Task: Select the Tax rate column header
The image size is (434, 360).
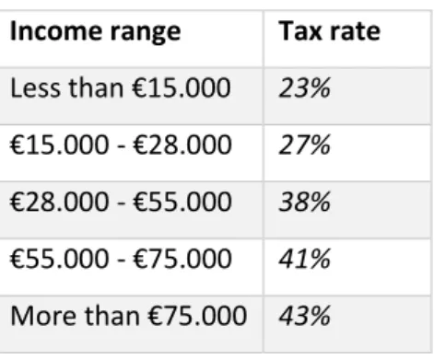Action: pyautogui.click(x=330, y=31)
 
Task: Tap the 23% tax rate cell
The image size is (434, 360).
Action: pyautogui.click(x=304, y=88)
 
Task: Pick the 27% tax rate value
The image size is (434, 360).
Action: pyautogui.click(x=304, y=145)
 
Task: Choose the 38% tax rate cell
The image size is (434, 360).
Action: pyautogui.click(x=304, y=202)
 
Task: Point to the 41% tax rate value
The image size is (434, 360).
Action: pyautogui.click(x=304, y=259)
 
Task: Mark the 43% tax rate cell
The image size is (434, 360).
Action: pyautogui.click(x=304, y=316)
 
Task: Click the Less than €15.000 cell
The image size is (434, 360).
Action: pyautogui.click(x=121, y=88)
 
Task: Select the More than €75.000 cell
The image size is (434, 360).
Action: pyautogui.click(x=128, y=316)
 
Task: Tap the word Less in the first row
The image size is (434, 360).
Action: pyautogui.click(x=35, y=88)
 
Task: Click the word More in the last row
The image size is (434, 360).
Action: pyautogui.click(x=43, y=316)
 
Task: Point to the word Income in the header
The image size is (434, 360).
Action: pyautogui.click(x=56, y=31)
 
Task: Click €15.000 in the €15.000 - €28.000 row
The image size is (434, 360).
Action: pyautogui.click(x=60, y=145)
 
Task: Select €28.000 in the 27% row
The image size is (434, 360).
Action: pyautogui.click(x=182, y=145)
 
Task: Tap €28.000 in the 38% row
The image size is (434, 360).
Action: pyautogui.click(x=60, y=202)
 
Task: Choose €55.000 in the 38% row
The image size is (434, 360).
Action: pyautogui.click(x=182, y=202)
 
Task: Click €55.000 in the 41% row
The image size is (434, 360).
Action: pyautogui.click(x=60, y=259)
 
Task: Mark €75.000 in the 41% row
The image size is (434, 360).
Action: pyautogui.click(x=182, y=259)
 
